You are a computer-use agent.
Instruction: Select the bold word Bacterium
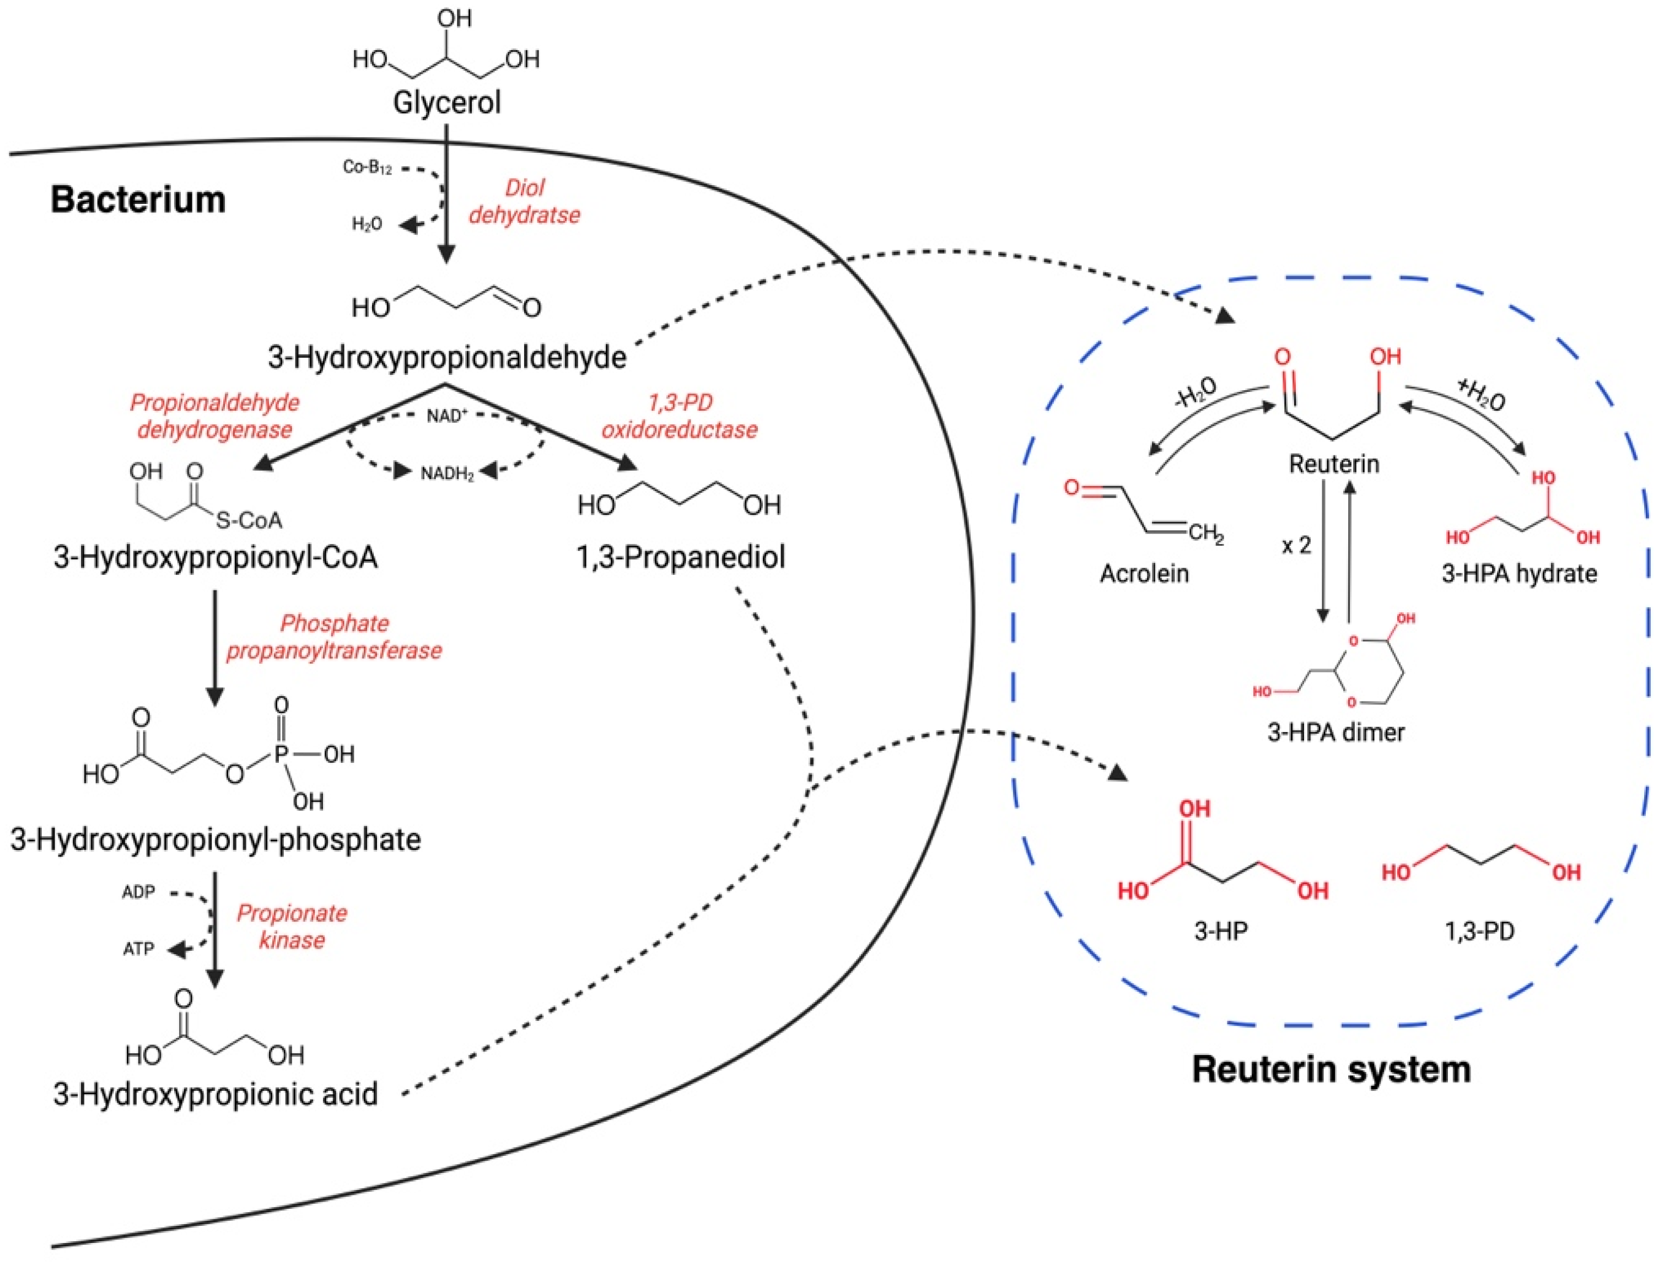(x=138, y=200)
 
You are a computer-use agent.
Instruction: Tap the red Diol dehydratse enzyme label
(x=524, y=201)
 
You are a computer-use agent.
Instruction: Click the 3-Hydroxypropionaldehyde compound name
(x=446, y=357)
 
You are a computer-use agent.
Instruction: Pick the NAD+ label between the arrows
(x=447, y=415)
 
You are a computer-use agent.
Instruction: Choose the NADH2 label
(x=447, y=473)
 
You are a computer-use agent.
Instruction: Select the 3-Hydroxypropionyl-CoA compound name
(x=216, y=557)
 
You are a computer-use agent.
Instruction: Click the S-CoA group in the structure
(x=249, y=520)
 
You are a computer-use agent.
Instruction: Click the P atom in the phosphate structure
(x=282, y=753)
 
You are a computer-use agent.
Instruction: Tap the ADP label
(x=138, y=892)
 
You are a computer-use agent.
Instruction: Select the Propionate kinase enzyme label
(x=292, y=926)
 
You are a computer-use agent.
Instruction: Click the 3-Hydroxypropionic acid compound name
(x=216, y=1094)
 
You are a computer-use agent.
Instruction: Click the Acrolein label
(x=1144, y=573)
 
